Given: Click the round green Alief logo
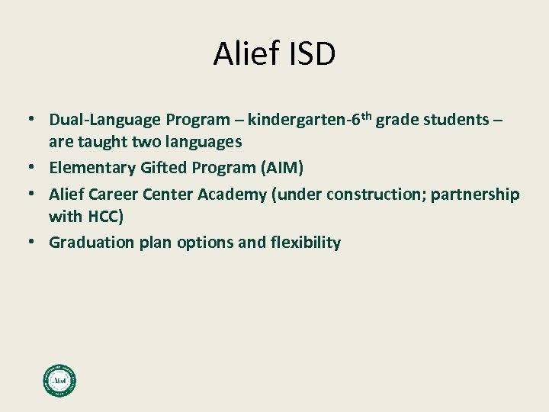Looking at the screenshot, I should [59, 379].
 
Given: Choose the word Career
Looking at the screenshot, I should [121, 195].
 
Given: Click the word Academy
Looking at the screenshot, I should [233, 195].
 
